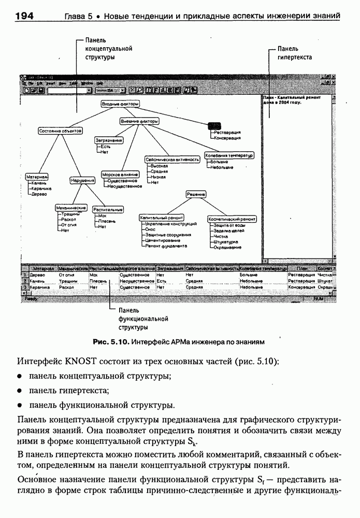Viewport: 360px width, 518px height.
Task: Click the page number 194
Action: [24, 16]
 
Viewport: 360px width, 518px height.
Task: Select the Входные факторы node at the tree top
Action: [120, 104]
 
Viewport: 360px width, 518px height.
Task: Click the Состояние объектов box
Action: [61, 131]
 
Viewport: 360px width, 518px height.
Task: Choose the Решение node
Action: [196, 194]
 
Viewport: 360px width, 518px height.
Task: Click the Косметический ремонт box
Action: [232, 219]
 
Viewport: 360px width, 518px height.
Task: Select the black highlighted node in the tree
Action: [214, 125]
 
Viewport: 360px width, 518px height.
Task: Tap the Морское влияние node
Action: [120, 175]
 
